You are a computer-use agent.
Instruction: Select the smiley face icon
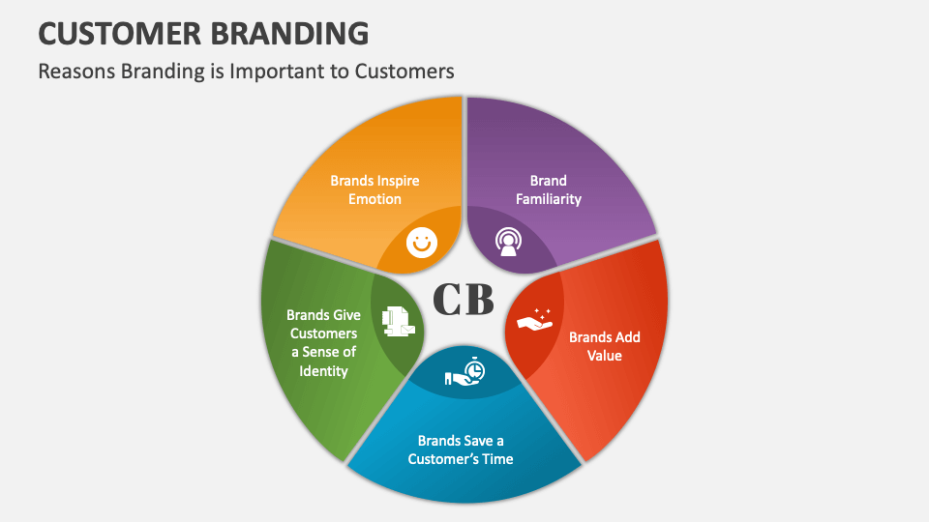[x=420, y=242]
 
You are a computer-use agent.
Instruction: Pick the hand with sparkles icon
[x=534, y=319]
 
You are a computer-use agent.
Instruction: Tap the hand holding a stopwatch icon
[x=465, y=372]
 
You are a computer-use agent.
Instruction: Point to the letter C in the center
[x=445, y=300]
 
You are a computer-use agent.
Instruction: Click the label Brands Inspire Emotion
[x=375, y=189]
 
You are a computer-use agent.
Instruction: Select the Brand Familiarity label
[x=549, y=189]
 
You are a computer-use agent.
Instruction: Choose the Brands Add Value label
[x=604, y=346]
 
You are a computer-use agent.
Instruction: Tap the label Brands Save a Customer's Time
[x=461, y=449]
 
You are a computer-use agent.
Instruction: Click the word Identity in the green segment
[x=322, y=370]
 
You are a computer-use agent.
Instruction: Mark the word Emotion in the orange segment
[x=375, y=199]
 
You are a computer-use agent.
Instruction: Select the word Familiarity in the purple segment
[x=549, y=199]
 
